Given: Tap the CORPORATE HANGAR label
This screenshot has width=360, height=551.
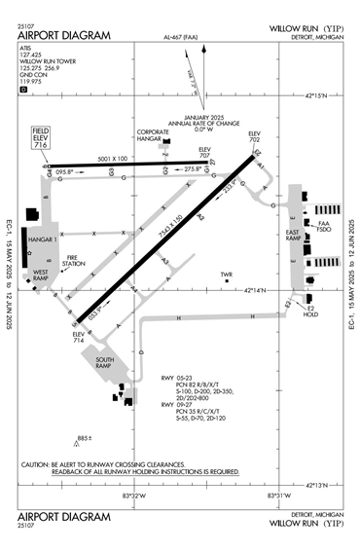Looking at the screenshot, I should click(x=154, y=135).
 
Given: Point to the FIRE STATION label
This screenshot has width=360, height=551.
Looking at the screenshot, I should click(x=74, y=260).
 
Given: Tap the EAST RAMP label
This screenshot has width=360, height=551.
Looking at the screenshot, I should click(x=291, y=236).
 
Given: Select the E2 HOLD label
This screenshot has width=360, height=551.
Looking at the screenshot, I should click(x=311, y=312).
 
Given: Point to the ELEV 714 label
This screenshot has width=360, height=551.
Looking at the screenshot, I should click(x=78, y=338).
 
